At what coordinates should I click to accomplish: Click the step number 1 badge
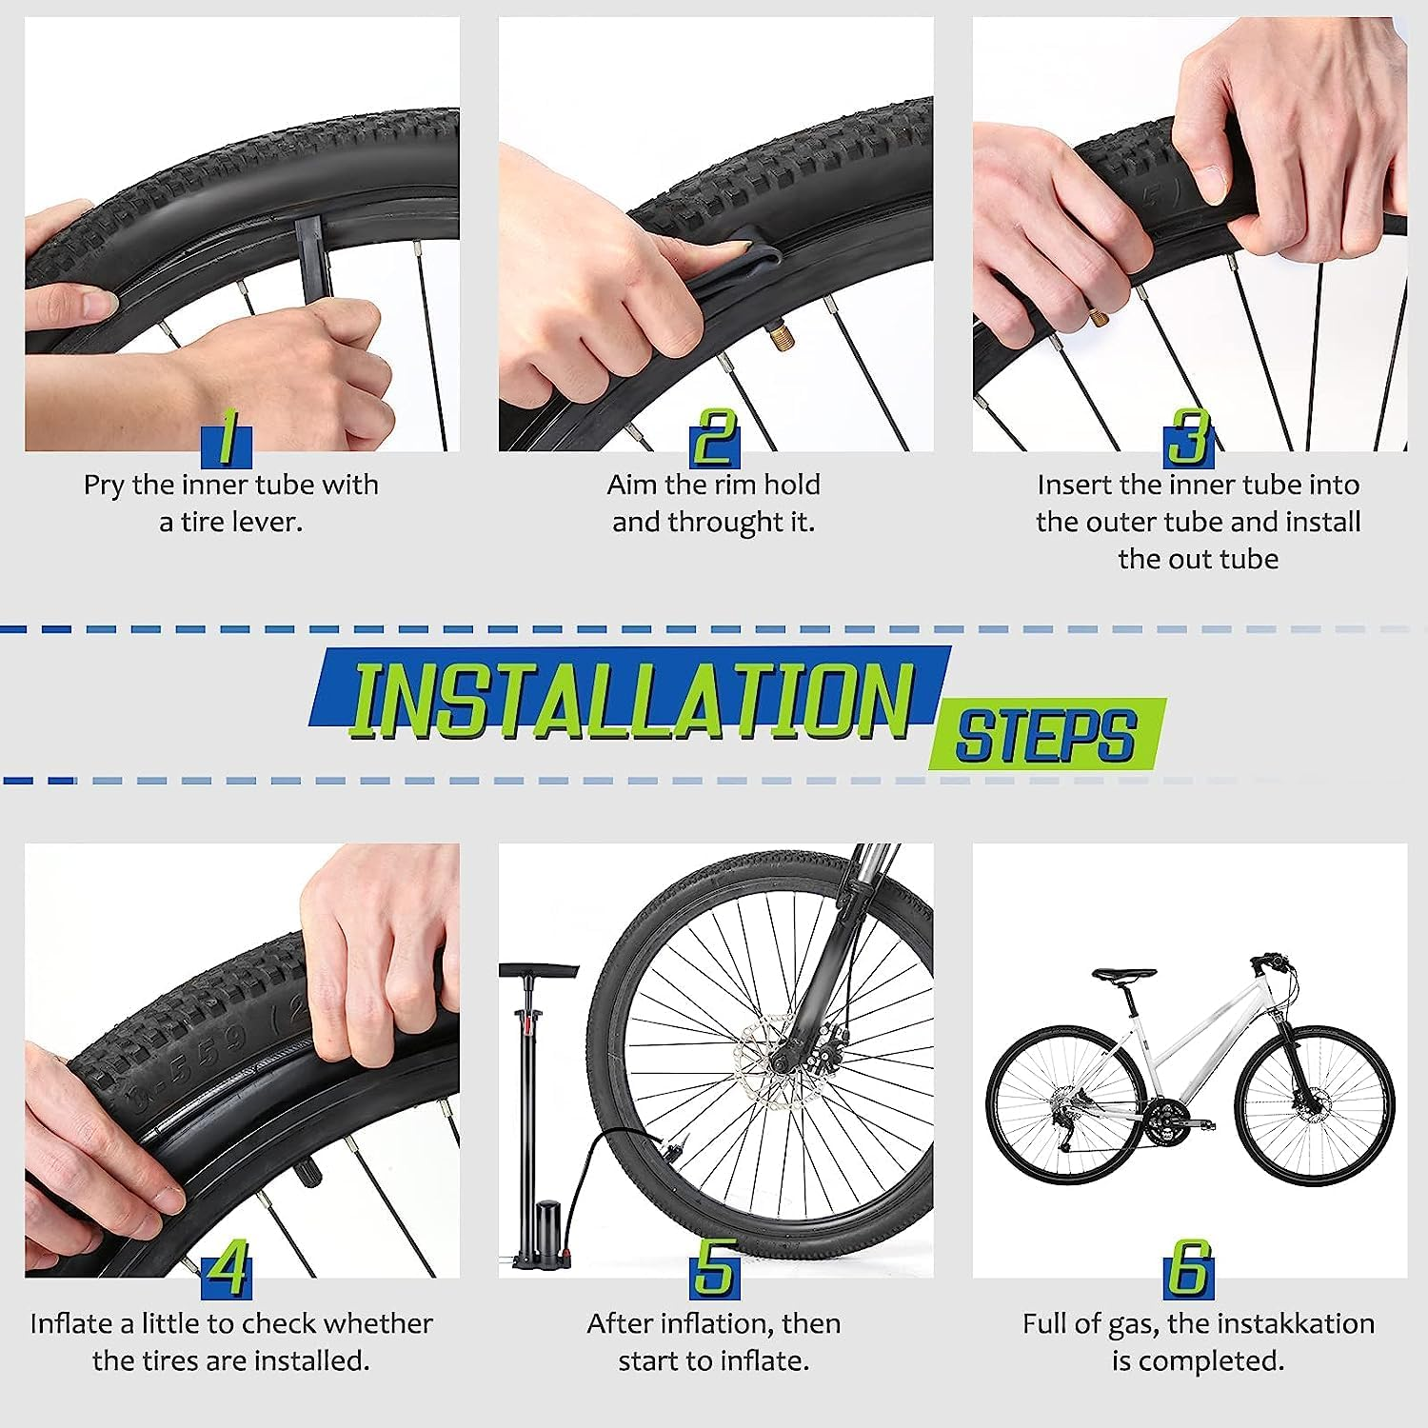pyautogui.click(x=227, y=439)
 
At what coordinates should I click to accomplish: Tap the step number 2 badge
pyautogui.click(x=714, y=439)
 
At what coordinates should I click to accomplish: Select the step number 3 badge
pyautogui.click(x=1188, y=439)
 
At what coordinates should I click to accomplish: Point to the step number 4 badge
pyautogui.click(x=227, y=1270)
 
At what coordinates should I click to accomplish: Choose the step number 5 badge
pyautogui.click(x=714, y=1270)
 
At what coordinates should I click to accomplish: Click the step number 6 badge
pyautogui.click(x=1188, y=1270)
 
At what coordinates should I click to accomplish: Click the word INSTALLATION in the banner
pyautogui.click(x=631, y=701)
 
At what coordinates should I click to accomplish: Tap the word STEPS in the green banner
pyautogui.click(x=1045, y=735)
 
